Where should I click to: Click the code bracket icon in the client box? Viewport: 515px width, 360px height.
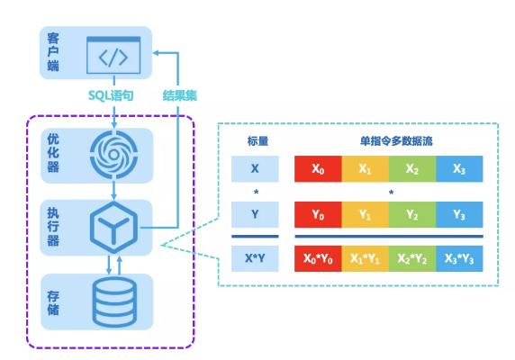click(113, 55)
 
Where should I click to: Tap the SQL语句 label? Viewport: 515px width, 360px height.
click(111, 95)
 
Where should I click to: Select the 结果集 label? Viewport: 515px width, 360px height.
click(180, 95)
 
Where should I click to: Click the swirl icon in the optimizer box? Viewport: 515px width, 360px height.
click(113, 155)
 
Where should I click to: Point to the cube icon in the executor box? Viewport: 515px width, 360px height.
click(113, 227)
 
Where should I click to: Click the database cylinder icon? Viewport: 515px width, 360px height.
click(114, 301)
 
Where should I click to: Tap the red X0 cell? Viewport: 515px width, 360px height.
click(318, 168)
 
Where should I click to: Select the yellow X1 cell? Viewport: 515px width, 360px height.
click(366, 168)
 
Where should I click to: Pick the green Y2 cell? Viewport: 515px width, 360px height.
click(412, 214)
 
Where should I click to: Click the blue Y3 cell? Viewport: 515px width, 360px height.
click(459, 214)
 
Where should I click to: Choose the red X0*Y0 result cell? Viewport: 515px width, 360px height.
click(318, 258)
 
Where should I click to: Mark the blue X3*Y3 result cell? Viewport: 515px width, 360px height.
click(459, 258)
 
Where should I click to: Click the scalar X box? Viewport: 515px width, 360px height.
click(255, 168)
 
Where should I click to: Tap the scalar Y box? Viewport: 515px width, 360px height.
click(255, 214)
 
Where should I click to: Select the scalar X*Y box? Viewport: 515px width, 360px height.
click(255, 258)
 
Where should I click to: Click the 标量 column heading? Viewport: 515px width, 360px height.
click(257, 141)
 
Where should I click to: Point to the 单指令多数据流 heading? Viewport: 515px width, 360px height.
click(396, 141)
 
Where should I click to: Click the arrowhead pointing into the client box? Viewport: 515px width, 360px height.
click(157, 52)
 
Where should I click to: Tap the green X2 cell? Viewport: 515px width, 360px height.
click(412, 168)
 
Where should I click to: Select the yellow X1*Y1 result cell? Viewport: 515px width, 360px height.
click(366, 258)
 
